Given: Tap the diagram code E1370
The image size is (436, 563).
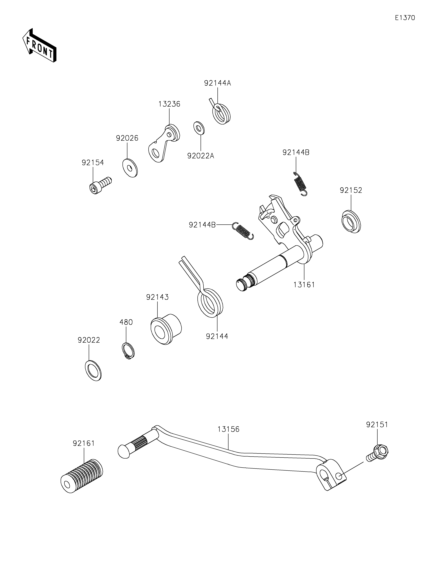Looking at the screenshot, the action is (405, 18).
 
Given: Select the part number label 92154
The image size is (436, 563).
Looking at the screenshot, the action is (93, 163).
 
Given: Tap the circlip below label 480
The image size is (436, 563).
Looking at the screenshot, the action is (128, 351).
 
